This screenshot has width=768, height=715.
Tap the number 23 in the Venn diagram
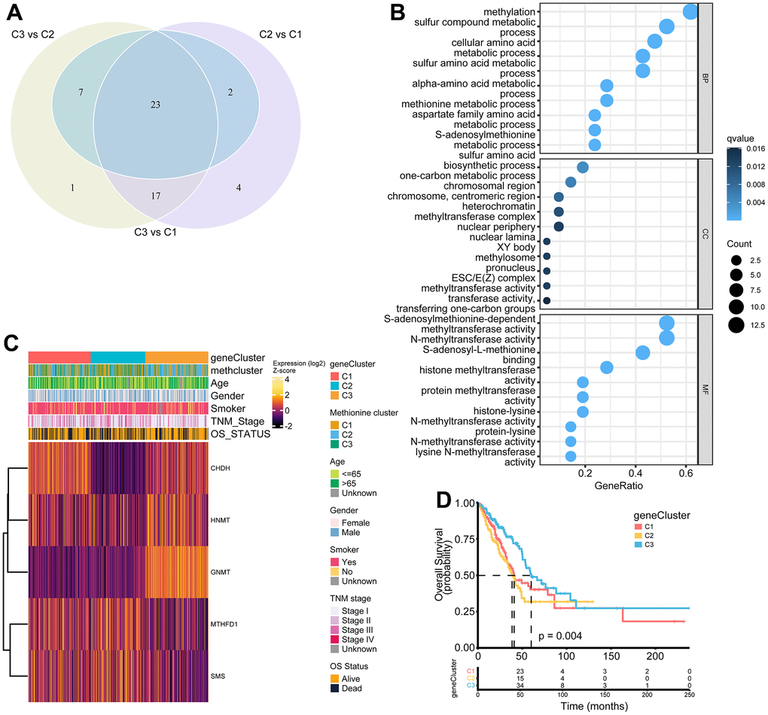pos(155,105)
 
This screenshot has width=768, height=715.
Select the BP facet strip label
pos(706,77)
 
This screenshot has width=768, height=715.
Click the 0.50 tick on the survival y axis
pos(464,575)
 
